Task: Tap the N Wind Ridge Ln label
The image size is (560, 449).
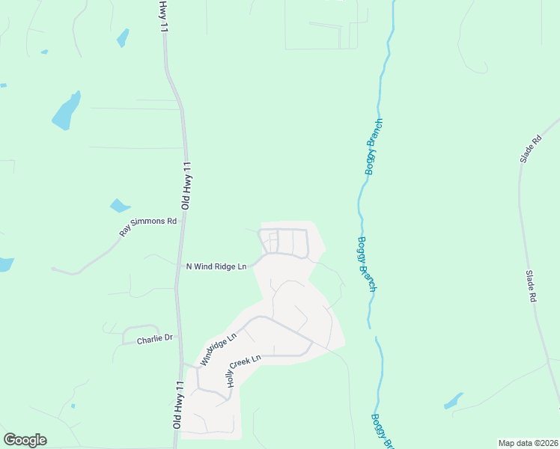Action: point(216,266)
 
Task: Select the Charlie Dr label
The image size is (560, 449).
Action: point(154,339)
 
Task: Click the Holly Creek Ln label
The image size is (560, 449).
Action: point(243,371)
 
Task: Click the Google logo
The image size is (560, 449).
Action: point(25,440)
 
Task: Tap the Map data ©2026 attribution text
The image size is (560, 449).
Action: point(528,443)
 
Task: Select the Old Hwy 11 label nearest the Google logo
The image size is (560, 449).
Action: point(177,403)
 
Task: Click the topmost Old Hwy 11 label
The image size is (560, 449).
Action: point(162,16)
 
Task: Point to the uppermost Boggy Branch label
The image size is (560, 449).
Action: point(374,147)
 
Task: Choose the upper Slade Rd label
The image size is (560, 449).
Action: point(530,150)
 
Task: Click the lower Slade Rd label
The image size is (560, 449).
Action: point(532,287)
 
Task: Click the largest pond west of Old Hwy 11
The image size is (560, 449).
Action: point(66,111)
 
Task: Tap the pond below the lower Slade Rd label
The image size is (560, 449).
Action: point(454,401)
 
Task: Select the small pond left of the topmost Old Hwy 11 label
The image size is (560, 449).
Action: point(122,37)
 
